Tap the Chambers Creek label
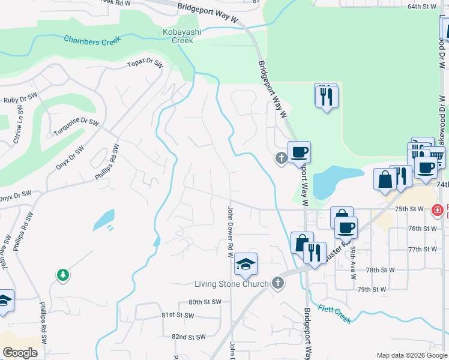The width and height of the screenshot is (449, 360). click(92, 40)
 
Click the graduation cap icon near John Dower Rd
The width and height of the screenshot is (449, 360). click(246, 264)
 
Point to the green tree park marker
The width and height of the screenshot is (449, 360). click(62, 275)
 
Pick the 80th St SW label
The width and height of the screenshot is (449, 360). click(205, 302)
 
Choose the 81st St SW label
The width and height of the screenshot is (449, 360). click(176, 314)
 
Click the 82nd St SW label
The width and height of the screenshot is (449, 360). click(188, 337)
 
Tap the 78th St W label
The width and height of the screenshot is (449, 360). click(380, 270)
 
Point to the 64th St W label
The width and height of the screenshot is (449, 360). click(422, 6)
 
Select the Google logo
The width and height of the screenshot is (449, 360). click(20, 353)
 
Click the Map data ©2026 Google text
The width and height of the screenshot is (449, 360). click(411, 355)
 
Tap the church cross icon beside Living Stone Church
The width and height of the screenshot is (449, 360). click(277, 282)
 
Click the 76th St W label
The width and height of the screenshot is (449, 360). click(423, 229)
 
